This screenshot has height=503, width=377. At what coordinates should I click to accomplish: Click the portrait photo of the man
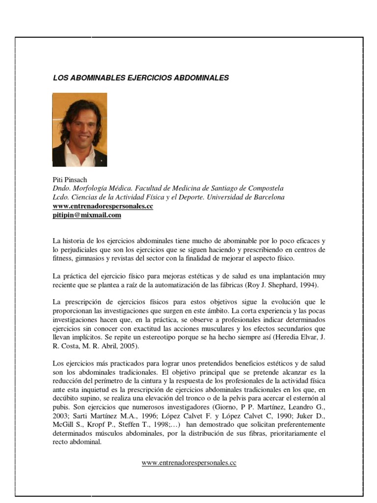[x=80, y=130]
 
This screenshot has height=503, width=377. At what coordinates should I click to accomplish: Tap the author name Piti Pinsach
[x=70, y=180]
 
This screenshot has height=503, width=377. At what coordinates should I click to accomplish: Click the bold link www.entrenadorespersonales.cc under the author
[x=103, y=206]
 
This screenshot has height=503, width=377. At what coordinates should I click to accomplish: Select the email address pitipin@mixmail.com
[x=86, y=215]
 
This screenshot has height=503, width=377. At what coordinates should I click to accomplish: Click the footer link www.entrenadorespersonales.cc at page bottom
[x=189, y=463]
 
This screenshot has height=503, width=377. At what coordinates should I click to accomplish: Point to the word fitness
[x=63, y=259]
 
